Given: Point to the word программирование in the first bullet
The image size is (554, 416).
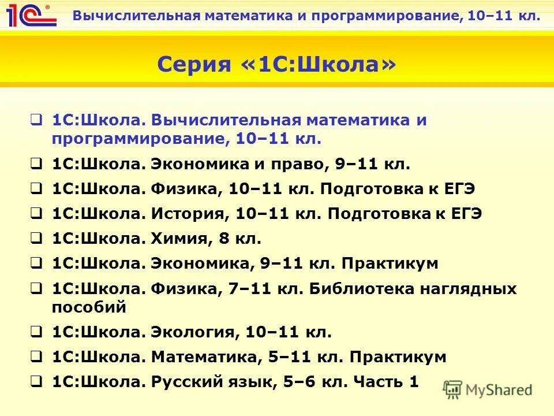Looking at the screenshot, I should (x=132, y=139).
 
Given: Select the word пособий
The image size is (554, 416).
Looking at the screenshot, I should (x=89, y=307).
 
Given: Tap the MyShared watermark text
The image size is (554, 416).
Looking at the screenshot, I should (x=499, y=390).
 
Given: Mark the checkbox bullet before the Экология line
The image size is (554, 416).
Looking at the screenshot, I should (x=36, y=332).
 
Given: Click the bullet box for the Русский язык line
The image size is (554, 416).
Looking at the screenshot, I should (x=36, y=382).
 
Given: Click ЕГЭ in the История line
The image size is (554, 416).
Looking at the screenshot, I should (x=461, y=214).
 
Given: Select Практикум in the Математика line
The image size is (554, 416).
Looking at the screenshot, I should (x=398, y=357).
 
